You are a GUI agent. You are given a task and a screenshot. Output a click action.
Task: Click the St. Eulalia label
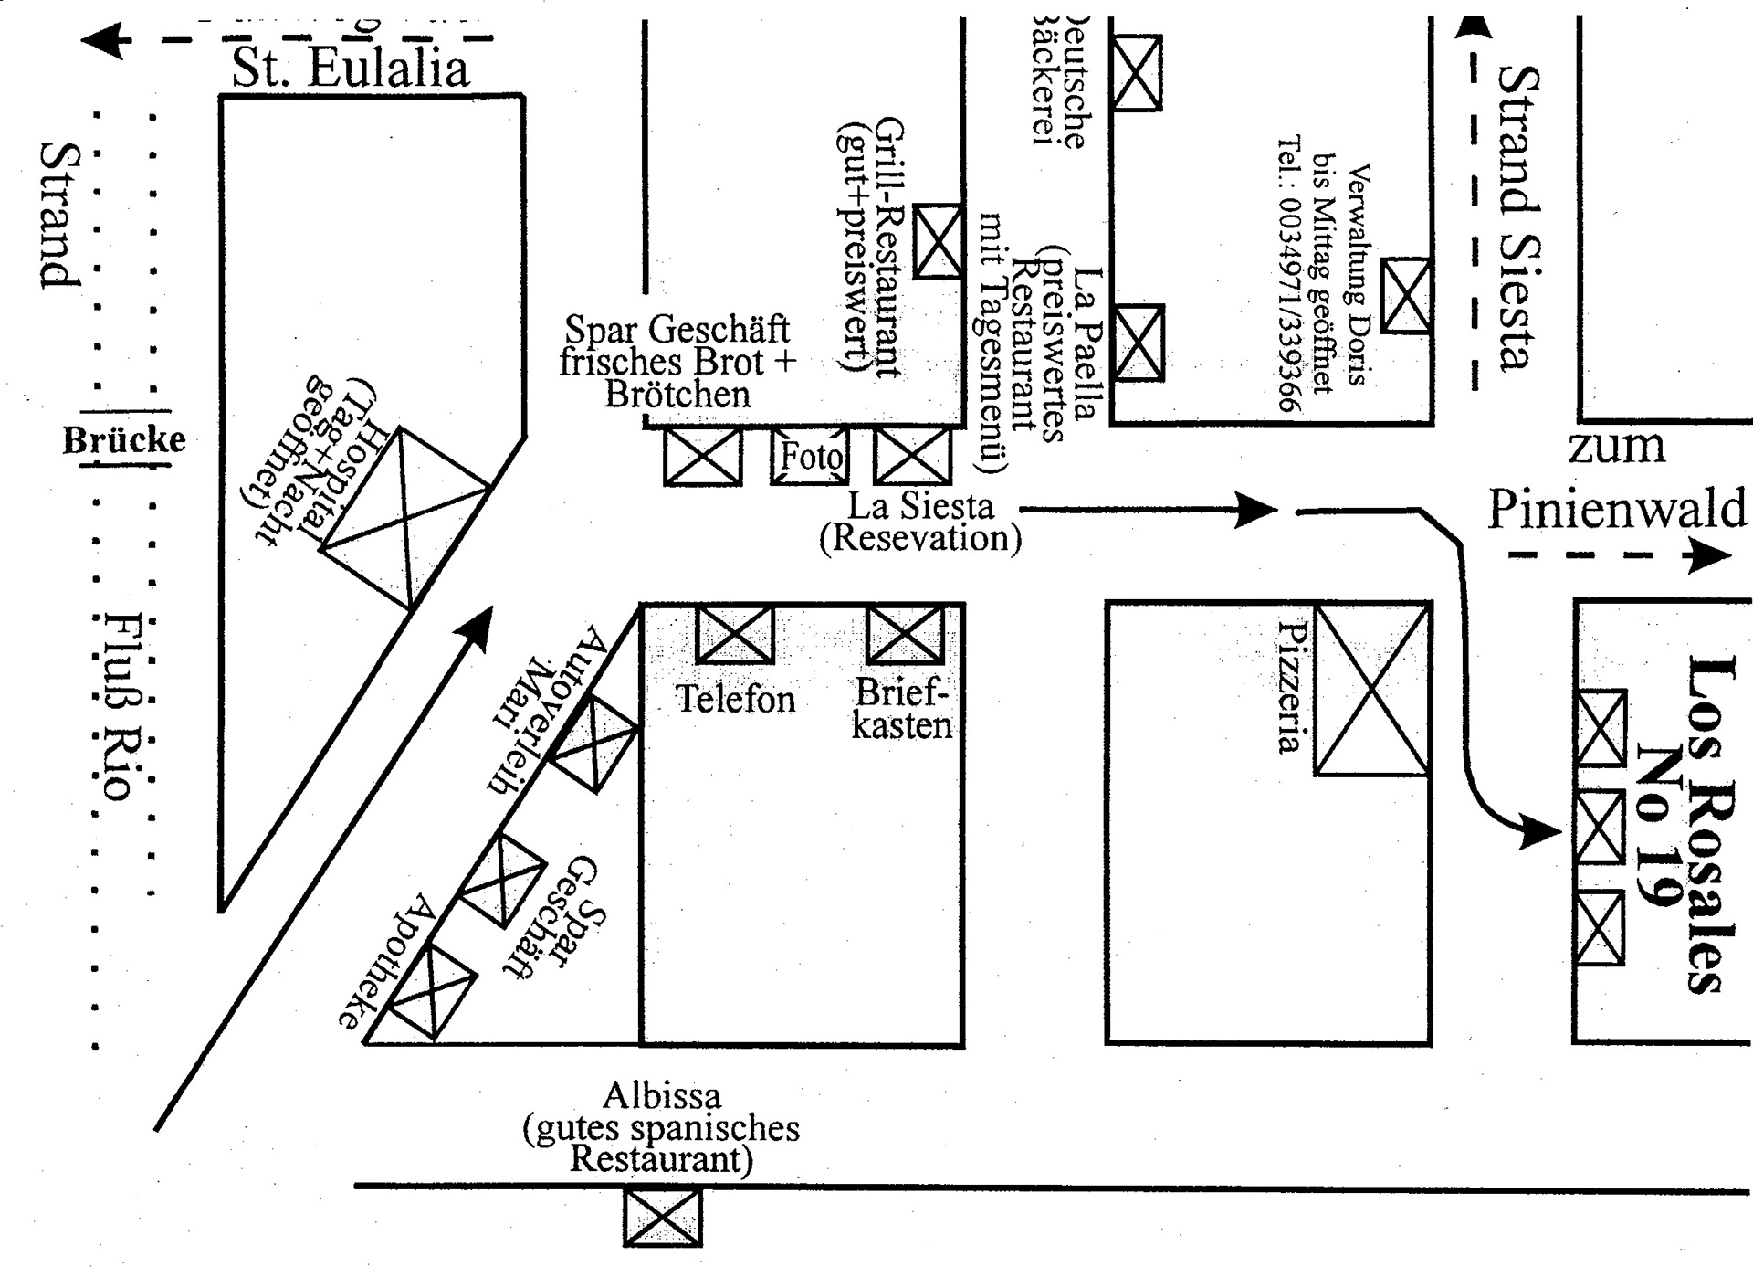(351, 68)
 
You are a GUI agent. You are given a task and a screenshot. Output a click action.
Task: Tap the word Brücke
(124, 440)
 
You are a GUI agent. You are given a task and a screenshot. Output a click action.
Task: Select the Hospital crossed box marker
(404, 517)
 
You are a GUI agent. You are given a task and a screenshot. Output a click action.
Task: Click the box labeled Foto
(810, 456)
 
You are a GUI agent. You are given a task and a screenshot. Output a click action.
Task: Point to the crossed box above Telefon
(735, 634)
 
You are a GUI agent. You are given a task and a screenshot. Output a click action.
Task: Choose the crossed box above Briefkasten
(905, 634)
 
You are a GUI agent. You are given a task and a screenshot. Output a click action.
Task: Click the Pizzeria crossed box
(1372, 690)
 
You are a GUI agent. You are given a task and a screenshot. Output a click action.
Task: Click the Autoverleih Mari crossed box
(595, 744)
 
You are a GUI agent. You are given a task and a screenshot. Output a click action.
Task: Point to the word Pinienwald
(1617, 509)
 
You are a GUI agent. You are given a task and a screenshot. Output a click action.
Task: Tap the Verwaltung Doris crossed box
(1406, 295)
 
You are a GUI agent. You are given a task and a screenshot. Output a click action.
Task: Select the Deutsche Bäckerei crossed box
(1137, 73)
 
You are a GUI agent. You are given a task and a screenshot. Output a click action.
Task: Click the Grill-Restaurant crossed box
(939, 241)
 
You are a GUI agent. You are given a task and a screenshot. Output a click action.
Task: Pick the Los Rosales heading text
(1708, 822)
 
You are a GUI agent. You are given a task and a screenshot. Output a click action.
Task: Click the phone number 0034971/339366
(1289, 274)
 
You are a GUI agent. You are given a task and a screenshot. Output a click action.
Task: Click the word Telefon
(736, 700)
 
